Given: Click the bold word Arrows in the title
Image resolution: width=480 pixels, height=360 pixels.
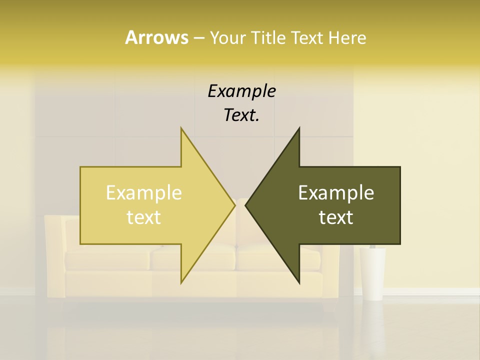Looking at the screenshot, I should [156, 37].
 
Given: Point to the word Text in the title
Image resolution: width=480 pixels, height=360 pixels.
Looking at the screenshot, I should [308, 37].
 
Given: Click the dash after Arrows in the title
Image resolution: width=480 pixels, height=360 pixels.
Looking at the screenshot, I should [198, 38].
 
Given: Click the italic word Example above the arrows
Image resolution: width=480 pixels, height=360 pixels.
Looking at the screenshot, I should [241, 91].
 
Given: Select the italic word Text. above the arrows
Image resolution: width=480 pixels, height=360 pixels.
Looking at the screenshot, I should [241, 115].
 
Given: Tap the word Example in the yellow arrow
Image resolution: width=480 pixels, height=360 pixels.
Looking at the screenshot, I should [144, 193].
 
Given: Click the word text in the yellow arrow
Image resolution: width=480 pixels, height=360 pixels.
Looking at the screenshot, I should [144, 217].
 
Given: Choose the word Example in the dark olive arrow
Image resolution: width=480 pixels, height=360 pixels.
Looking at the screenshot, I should [336, 193].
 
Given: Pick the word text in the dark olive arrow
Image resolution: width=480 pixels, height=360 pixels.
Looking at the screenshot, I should [336, 217].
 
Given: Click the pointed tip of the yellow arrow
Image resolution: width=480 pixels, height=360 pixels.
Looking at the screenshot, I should [234, 205].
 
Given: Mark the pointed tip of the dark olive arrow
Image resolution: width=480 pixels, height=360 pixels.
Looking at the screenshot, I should [246, 205].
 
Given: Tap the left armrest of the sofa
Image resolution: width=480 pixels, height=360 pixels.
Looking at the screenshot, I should [54, 250].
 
